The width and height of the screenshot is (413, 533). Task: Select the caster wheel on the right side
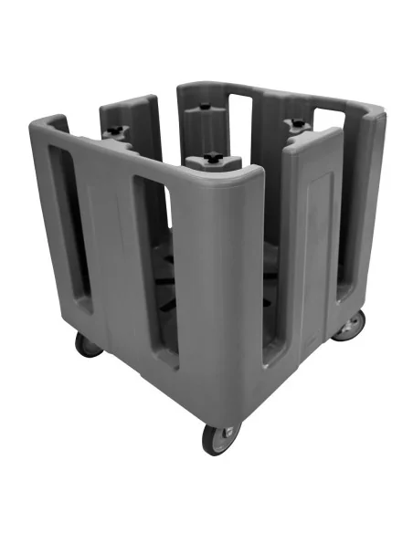pyautogui.click(x=349, y=325)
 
